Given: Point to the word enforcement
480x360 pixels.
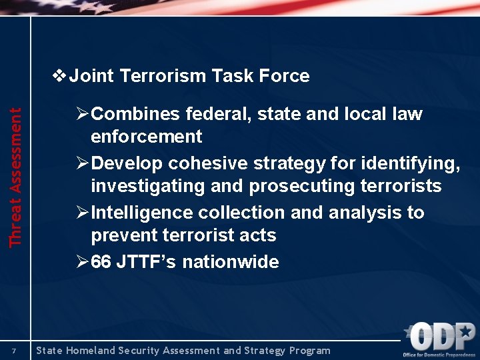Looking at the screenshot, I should [x=146, y=137].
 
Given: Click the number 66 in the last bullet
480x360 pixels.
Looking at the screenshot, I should [x=101, y=262].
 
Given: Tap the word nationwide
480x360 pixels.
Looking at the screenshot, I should [x=231, y=262].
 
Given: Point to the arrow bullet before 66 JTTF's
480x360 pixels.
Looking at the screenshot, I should [x=81, y=262].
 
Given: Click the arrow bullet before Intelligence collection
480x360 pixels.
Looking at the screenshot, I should [x=81, y=213].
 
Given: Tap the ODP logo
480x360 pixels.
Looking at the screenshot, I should [x=441, y=338].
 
